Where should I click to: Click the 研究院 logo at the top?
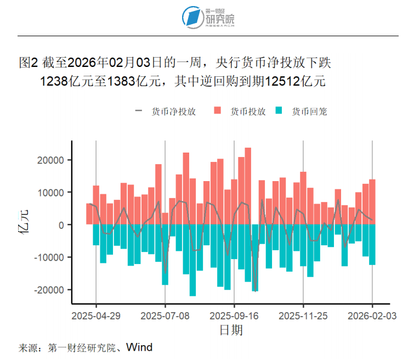208,17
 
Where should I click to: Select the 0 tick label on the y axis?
63,225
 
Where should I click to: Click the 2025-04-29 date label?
96,316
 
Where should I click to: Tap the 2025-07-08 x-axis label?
165,316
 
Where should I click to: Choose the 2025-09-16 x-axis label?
234,316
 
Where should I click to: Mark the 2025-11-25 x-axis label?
303,316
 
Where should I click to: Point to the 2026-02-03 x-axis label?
372,316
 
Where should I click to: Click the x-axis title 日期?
231,330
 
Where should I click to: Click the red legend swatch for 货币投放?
217,111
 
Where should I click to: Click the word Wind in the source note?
139,347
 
